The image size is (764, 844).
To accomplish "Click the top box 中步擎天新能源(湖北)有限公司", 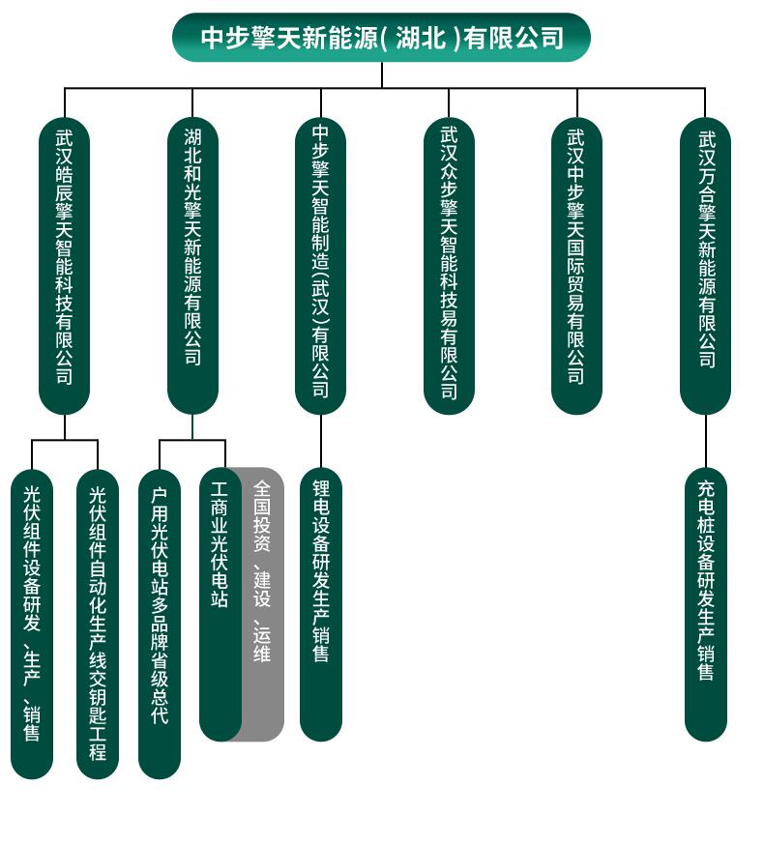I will [381, 38].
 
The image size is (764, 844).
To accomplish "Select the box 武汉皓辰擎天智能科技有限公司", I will [64, 266].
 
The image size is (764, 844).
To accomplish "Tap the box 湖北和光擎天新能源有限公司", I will [192, 266].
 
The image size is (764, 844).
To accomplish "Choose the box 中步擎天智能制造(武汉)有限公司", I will [320, 266].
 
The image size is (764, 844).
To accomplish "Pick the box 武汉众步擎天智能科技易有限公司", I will [449, 266].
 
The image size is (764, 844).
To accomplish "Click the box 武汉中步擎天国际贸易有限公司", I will [576, 266].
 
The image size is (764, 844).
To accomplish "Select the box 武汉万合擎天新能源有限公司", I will [705, 266].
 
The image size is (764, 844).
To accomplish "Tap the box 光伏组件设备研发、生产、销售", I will [32, 624].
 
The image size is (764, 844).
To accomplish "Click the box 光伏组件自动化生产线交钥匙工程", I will [98, 624].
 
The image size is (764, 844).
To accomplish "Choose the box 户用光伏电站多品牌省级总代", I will [160, 624].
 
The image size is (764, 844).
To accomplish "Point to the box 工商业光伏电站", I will [220, 604].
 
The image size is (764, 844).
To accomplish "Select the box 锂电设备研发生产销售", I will [321, 604].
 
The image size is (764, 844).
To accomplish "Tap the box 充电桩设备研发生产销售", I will [706, 604].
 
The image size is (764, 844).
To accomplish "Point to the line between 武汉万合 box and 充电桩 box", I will [705, 442].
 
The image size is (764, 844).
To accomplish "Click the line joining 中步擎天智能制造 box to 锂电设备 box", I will [320, 442].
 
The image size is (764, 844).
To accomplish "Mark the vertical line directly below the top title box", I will [382, 74].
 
